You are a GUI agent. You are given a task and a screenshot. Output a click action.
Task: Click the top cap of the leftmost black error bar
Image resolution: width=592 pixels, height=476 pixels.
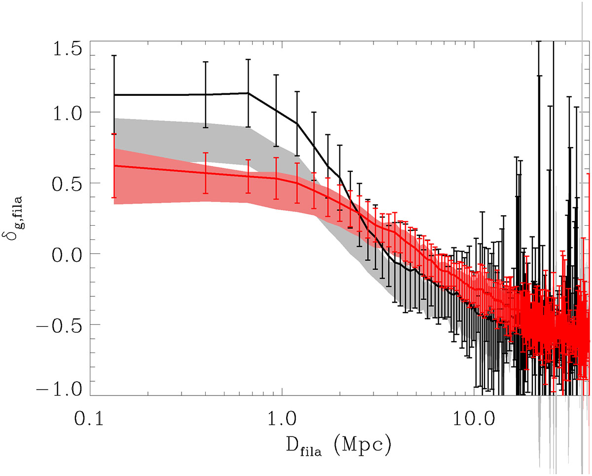(114, 56)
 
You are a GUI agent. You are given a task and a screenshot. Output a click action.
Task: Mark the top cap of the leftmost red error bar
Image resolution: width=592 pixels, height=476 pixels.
(114, 134)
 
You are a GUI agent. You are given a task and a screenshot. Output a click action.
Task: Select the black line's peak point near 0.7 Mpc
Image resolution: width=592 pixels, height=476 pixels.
(248, 93)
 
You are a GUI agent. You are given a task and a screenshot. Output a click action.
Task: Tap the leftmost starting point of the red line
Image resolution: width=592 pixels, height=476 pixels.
(114, 165)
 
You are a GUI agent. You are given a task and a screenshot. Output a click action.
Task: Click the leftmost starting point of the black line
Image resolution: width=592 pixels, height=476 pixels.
(114, 95)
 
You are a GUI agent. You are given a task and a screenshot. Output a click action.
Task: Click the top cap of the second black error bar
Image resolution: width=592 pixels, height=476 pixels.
(205, 62)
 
